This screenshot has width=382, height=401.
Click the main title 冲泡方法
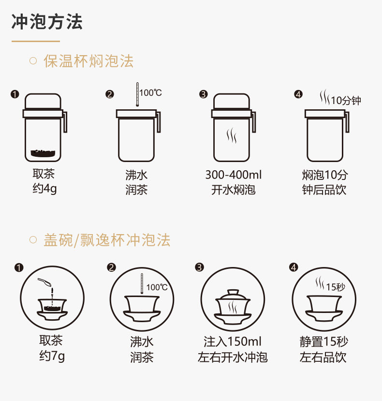[47, 22]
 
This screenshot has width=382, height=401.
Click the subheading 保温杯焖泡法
[88, 61]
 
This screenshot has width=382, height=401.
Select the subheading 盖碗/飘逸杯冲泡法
[106, 240]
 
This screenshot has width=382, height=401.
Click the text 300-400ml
[233, 175]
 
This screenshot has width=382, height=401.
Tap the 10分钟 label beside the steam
[346, 101]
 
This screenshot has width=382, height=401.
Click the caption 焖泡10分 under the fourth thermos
[324, 175]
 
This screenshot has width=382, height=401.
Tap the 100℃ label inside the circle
[157, 287]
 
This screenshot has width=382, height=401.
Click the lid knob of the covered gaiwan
[233, 291]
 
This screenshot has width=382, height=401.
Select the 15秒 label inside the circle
[336, 287]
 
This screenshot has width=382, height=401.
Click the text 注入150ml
[232, 342]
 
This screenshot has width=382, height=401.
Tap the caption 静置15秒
[323, 342]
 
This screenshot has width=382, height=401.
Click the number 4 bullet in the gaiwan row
[293, 267]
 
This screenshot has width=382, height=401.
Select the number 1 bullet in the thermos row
[15, 94]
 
